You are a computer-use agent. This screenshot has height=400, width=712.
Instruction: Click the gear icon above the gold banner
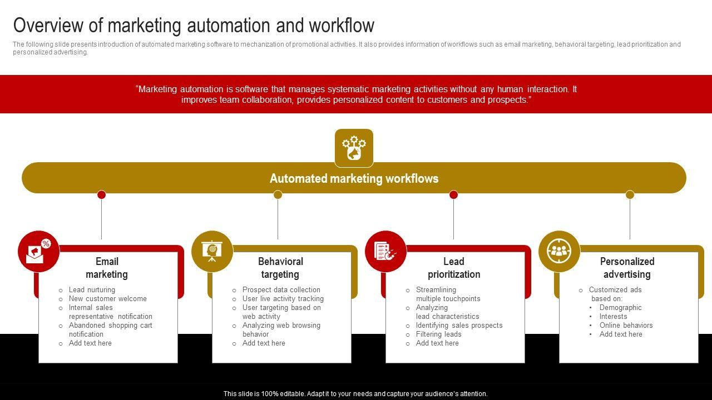point(354,148)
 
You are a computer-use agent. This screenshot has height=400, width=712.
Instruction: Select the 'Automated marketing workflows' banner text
point(354,178)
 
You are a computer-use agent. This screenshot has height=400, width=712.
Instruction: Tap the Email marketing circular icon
point(38,251)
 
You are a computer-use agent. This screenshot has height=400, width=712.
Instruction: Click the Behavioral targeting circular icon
point(212,251)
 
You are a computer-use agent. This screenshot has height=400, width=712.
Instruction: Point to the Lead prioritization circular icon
point(385,251)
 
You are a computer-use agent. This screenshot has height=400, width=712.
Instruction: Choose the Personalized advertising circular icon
point(559,251)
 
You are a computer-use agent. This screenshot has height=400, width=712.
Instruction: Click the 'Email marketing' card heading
point(107,268)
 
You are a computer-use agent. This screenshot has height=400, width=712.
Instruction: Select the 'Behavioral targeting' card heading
point(280,268)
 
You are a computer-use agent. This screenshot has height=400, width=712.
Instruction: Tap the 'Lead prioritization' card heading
point(454,268)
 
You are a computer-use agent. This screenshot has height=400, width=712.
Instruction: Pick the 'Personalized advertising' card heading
point(627,268)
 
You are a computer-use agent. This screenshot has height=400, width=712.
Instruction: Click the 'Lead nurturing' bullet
point(92,289)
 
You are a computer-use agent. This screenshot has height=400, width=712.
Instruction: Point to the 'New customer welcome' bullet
point(107,298)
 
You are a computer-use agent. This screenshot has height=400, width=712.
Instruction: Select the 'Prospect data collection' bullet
point(281,289)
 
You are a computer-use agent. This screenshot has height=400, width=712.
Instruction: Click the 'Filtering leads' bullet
point(438,334)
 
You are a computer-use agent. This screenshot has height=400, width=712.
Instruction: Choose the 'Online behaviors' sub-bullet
point(626,325)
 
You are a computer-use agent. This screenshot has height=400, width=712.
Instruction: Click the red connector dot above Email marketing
point(101,194)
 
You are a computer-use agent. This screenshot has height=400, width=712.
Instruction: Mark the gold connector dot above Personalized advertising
point(630,194)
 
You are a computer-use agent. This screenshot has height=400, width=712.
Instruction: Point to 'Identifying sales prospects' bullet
point(459,325)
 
